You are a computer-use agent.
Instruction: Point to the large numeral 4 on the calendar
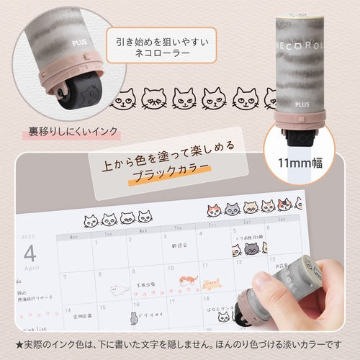pyautogui.click(x=29, y=253)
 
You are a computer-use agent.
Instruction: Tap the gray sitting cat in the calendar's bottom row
pyautogui.click(x=135, y=317)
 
